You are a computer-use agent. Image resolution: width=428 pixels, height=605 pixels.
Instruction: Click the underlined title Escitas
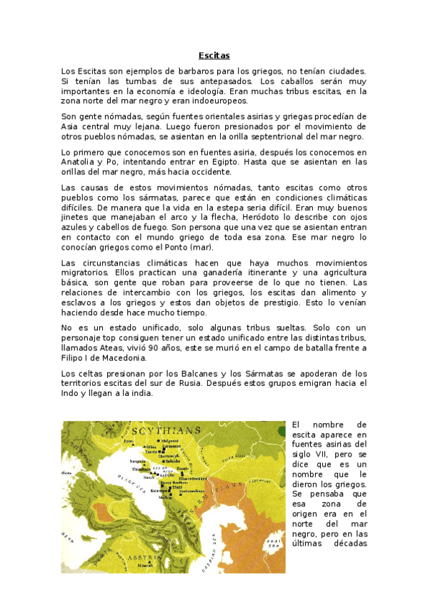point(214,55)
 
